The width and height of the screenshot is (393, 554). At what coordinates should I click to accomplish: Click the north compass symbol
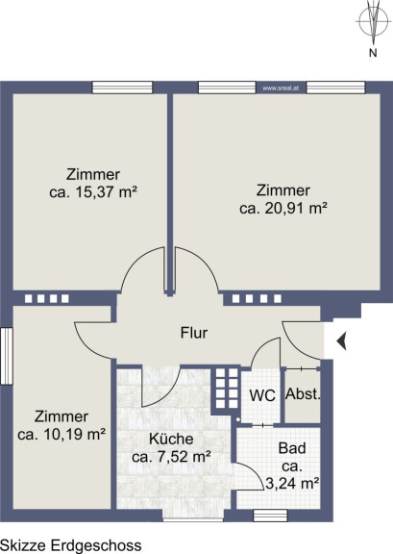[372, 20]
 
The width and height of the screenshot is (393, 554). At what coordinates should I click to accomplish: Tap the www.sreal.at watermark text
[281, 88]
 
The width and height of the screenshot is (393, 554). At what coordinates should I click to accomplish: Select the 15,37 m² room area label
[93, 192]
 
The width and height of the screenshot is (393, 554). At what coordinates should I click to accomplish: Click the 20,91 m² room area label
[282, 208]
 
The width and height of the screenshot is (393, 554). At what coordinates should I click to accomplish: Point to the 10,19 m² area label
[61, 434]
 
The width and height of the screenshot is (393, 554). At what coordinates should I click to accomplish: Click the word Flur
[194, 333]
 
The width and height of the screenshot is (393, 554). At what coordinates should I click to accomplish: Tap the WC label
[262, 395]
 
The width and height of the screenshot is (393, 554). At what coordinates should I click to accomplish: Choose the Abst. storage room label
[303, 394]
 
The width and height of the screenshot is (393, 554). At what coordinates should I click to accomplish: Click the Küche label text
[171, 439]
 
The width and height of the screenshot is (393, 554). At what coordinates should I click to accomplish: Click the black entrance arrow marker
[341, 341]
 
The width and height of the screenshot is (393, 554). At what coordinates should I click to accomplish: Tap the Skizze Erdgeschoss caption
[71, 545]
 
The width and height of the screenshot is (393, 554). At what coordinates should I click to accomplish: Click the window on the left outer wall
[7, 356]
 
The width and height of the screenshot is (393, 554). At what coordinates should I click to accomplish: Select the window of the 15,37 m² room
[123, 88]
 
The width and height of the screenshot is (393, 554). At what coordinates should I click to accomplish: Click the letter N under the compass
[373, 53]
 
